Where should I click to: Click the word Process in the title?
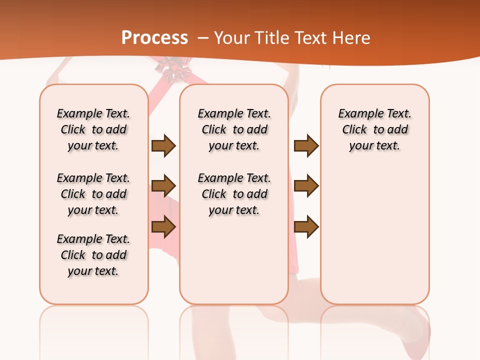coord(154,38)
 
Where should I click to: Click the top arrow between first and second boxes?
coord(163,146)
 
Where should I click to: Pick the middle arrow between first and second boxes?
coord(163,186)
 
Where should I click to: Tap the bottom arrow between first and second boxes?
coord(163,227)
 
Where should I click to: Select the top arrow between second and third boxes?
coord(306,146)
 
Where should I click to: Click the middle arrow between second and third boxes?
coord(306,186)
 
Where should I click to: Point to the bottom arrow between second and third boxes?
coord(306,227)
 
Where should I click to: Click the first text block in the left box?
coord(93,129)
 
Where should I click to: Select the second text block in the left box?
coord(93,194)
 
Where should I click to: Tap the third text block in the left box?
coord(93,255)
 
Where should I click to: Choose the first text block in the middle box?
coord(234,129)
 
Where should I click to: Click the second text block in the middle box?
coord(234,194)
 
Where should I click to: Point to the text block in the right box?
coord(374,129)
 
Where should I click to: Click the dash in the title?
coord(203,38)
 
